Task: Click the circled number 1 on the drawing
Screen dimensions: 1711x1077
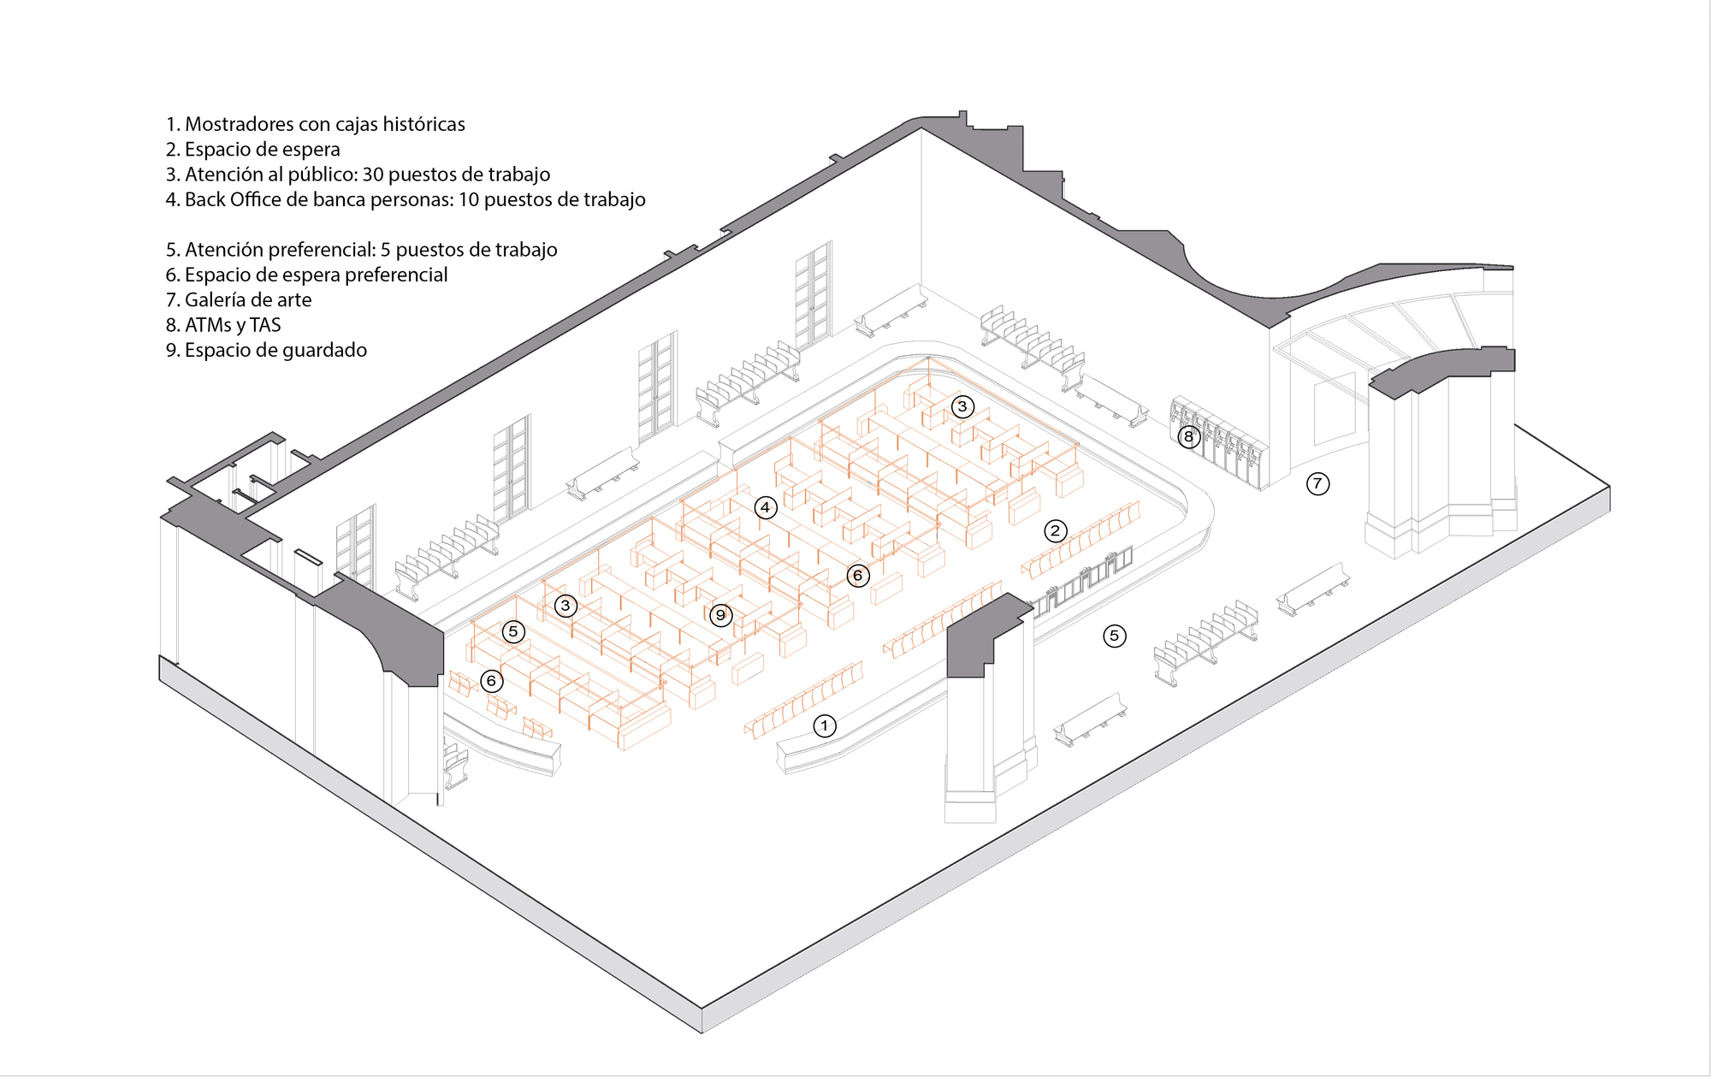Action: point(824,726)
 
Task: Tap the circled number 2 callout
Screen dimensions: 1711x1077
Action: point(1055,531)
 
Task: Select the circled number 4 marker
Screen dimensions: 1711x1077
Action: point(765,507)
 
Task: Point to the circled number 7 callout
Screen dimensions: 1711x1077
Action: point(1317,483)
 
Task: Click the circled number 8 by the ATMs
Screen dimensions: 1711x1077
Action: point(1187,437)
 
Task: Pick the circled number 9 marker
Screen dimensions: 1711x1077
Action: point(720,615)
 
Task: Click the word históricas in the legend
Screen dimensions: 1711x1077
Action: point(423,124)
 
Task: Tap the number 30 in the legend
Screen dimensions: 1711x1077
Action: point(373,175)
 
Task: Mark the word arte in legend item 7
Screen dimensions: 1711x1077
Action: point(295,300)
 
